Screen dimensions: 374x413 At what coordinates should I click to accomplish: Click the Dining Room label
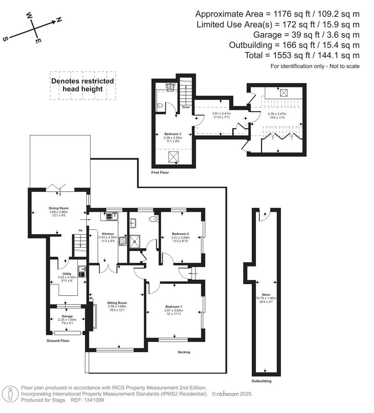58,208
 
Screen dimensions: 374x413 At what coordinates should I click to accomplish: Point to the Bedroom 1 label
174,306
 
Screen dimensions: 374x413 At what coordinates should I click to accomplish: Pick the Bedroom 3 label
172,134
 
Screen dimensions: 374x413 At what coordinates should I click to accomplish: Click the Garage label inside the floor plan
67,316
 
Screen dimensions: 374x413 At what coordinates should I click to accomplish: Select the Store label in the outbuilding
266,295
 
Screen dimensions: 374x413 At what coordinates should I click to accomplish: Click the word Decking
184,352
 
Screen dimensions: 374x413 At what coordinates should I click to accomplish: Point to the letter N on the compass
59,20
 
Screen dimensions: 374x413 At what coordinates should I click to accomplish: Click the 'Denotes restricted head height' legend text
83,85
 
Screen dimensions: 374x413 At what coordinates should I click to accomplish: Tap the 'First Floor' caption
160,172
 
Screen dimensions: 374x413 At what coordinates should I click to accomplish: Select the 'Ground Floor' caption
58,340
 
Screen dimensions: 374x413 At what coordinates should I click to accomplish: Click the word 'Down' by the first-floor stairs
186,107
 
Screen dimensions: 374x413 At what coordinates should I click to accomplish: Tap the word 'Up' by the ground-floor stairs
80,230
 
